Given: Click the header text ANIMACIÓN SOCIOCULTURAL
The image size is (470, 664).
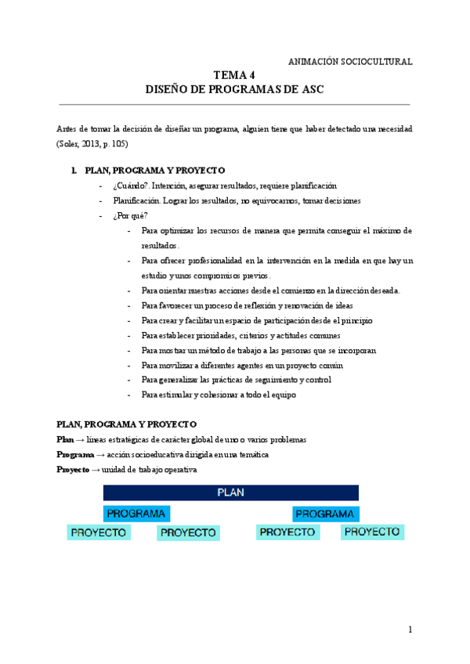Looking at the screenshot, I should coord(351,61).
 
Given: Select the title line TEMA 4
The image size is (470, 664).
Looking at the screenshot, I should coord(235,76).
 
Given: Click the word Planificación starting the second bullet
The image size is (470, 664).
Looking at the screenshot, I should coord(136,200).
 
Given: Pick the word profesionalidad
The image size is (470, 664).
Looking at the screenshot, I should coord(206,261).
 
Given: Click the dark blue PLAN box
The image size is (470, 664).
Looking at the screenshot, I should coord(231,493).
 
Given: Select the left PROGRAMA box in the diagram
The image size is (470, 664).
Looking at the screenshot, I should coord(136,514).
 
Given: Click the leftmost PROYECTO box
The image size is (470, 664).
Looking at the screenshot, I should coord(99,532).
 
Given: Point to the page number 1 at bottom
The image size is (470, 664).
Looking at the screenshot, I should coord(410,630).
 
